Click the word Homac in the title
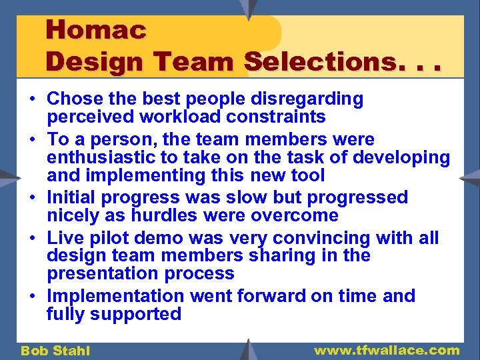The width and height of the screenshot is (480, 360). pyautogui.click(x=96, y=30)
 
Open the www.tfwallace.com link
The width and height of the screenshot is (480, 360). pyautogui.click(x=387, y=350)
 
